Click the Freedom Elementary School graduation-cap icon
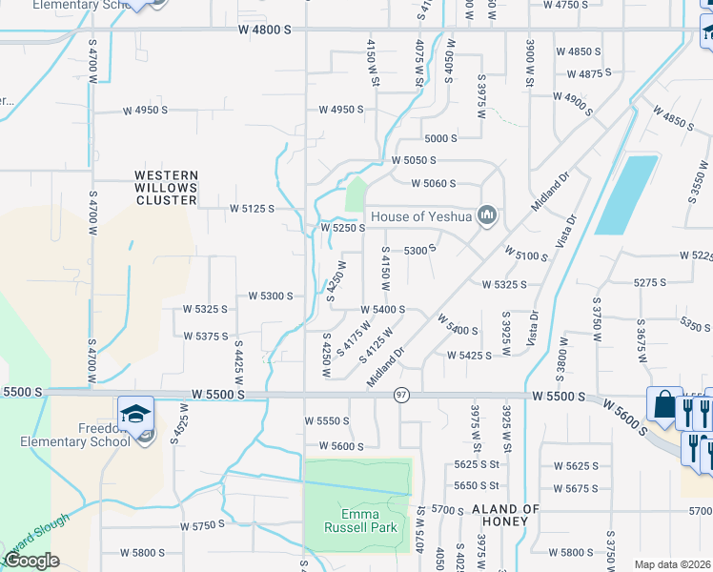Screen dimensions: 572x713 coord(135,414)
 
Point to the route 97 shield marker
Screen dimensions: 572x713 coord(402,395)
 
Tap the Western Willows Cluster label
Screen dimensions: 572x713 coord(166,188)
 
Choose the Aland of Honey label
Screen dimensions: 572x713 coord(506,517)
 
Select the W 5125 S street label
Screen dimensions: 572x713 coord(252,208)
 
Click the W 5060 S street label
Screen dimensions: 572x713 coord(434,183)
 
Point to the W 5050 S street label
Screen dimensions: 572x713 coord(413,161)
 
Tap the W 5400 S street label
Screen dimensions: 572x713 coord(382,310)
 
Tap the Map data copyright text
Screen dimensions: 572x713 coord(671,564)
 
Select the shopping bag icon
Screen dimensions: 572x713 coord(662,404)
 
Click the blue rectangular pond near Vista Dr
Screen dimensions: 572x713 coord(626,194)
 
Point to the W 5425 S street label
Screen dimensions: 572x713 coord(469,356)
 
